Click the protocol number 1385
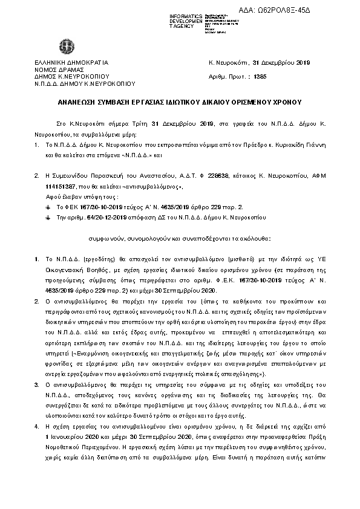(261, 77)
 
